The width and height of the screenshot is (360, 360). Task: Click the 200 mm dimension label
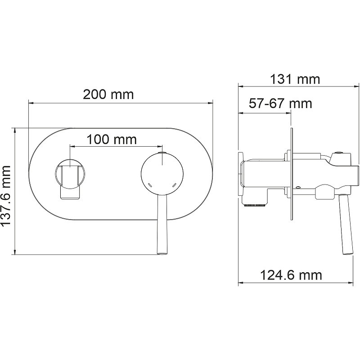click(108, 94)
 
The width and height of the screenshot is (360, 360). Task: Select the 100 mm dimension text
click(112, 139)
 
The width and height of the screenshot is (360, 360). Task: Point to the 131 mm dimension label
click(295, 80)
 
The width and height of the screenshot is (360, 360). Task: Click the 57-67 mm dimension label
click(280, 103)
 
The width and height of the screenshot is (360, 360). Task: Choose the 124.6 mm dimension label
click(291, 275)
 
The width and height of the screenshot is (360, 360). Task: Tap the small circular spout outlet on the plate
click(70, 174)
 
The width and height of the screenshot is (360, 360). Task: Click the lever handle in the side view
click(346, 224)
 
